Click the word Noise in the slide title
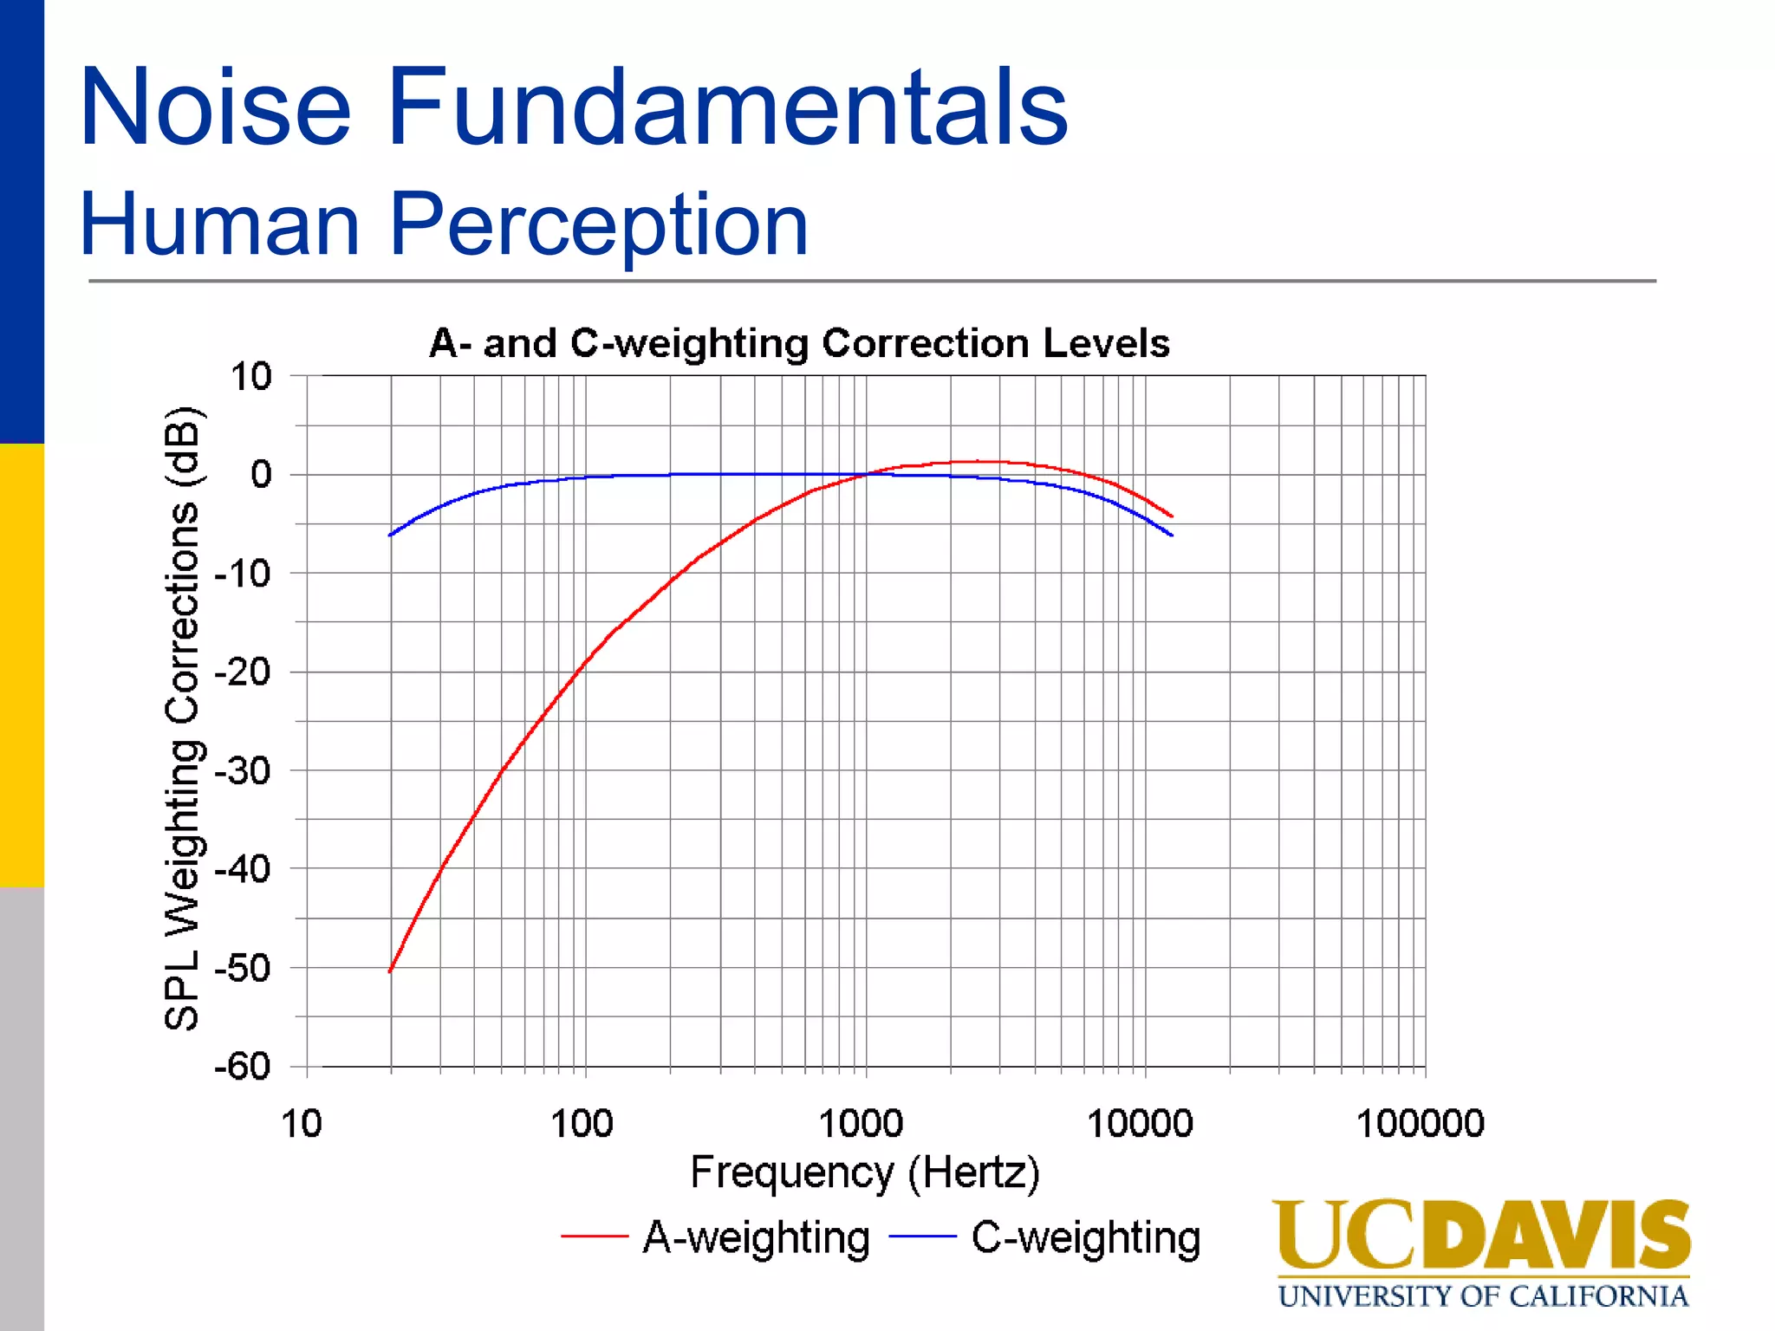click(215, 108)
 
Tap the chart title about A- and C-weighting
click(799, 343)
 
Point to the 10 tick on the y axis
click(250, 377)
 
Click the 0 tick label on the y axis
click(261, 475)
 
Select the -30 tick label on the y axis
click(243, 770)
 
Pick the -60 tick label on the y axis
click(243, 1067)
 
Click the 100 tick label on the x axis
click(582, 1124)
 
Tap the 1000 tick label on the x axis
click(861, 1124)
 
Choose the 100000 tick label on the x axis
click(1420, 1124)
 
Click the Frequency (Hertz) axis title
click(864, 1173)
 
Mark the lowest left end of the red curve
click(390, 971)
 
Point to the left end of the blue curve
click(390, 535)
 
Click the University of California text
click(1483, 1296)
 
